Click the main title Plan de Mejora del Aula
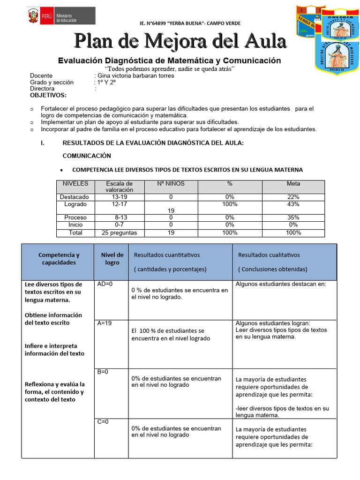180,42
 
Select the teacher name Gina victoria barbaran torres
135,75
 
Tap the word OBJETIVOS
48,95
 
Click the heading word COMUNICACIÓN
87,156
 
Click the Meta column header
293,184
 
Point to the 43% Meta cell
293,204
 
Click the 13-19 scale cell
120,197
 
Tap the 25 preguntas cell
120,232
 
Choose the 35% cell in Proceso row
293,217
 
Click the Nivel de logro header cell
112,259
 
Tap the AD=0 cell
105,284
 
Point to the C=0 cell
103,422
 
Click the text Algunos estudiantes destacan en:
280,284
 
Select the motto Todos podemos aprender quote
169,69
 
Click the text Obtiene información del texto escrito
53,319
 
